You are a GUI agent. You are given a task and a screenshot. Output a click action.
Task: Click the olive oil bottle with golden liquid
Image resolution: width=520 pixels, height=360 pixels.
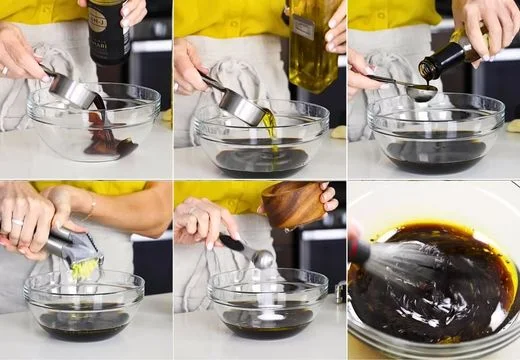click(x=313, y=45)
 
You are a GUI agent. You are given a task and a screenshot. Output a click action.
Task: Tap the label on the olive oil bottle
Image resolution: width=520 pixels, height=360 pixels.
click(x=305, y=27)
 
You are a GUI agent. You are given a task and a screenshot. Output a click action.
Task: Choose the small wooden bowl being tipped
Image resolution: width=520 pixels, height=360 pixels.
click(x=293, y=204)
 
